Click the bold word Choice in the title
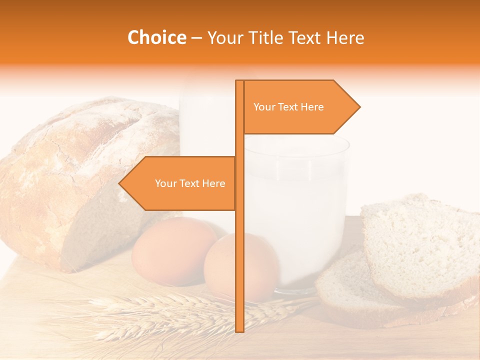tap(156, 38)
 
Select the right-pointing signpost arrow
tap(300, 107)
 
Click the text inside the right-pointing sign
tap(288, 107)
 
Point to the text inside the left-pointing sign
tap(190, 183)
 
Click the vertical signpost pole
tap(239, 250)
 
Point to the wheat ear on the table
tap(165, 310)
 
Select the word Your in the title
tap(224, 38)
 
